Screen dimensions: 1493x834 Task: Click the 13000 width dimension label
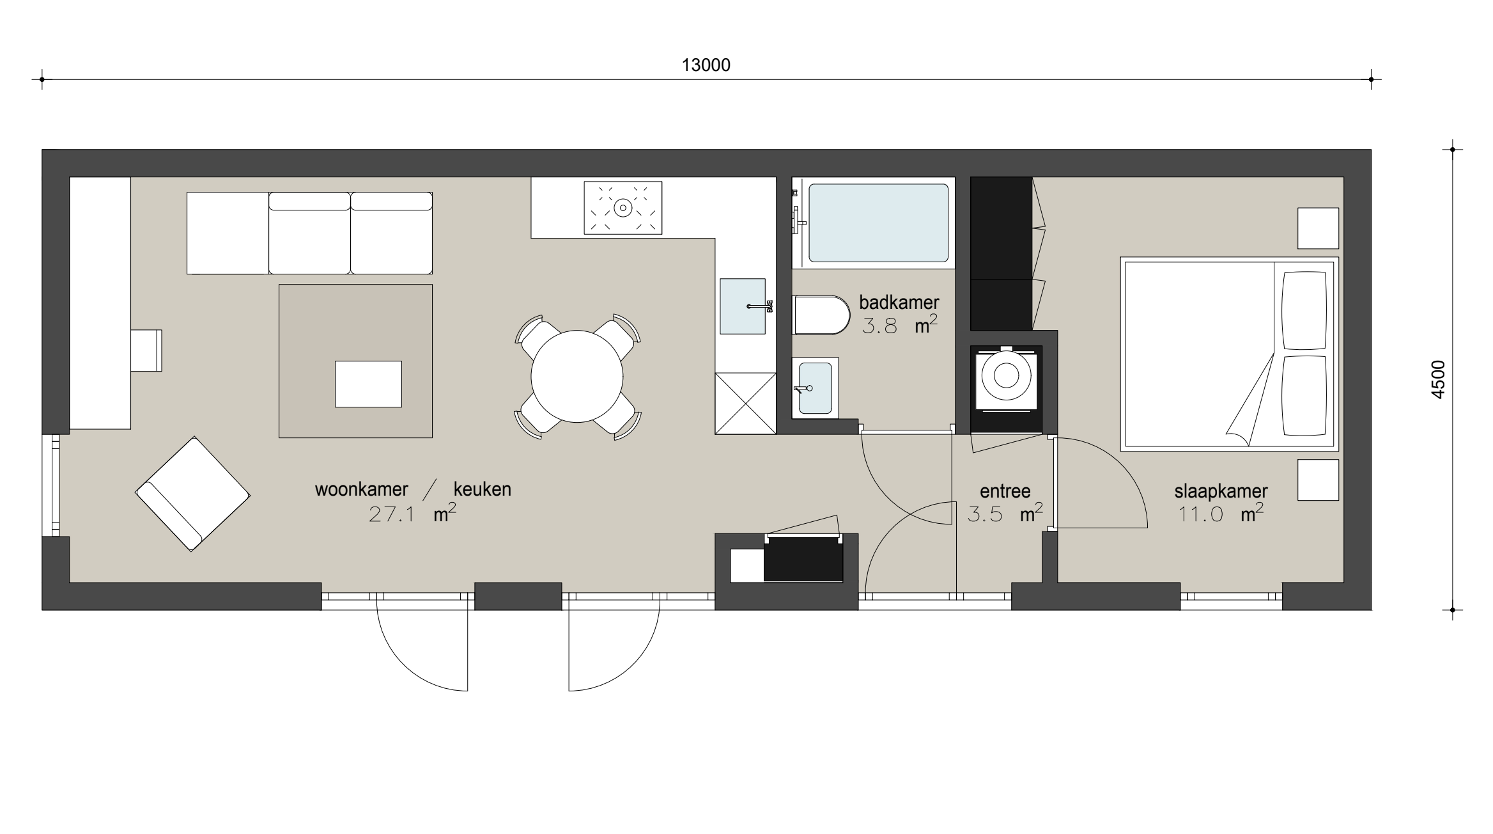tap(706, 65)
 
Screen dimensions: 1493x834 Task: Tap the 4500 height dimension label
tap(1438, 380)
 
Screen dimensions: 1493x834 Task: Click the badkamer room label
tap(899, 302)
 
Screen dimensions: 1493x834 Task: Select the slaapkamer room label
tap(1221, 491)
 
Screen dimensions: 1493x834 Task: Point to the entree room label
tap(1005, 491)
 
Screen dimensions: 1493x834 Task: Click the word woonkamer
tap(362, 489)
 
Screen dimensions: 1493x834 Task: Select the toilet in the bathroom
tap(821, 315)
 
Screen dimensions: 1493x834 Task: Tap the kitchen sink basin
tap(743, 306)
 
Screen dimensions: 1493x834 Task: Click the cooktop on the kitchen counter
tap(623, 208)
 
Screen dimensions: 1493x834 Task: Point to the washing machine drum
tap(1006, 375)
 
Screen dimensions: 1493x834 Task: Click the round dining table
tap(576, 376)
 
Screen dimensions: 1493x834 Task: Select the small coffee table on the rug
tap(369, 384)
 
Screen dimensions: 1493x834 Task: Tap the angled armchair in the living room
tap(192, 494)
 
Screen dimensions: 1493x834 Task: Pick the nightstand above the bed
tap(1318, 228)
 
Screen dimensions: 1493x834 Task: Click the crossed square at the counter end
tap(745, 404)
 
